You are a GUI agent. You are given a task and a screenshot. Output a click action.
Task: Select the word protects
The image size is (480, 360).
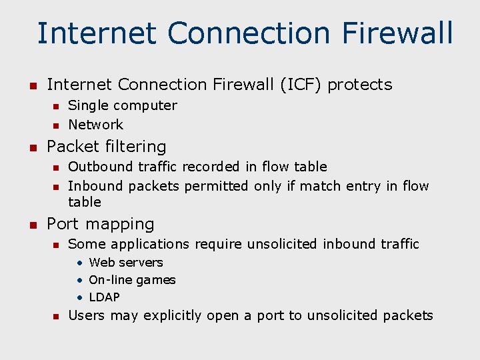(x=360, y=85)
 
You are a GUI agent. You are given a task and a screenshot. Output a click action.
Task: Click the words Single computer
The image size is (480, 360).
(x=123, y=105)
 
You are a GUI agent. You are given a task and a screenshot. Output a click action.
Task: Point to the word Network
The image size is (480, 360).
(x=96, y=125)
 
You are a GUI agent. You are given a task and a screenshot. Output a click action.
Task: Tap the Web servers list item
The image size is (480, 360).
(x=125, y=263)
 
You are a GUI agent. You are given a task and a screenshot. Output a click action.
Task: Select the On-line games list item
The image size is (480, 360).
(x=132, y=280)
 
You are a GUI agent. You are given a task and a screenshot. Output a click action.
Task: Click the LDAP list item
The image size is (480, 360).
(x=104, y=297)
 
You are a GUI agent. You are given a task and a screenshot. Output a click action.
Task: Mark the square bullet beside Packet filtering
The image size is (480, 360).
(x=31, y=147)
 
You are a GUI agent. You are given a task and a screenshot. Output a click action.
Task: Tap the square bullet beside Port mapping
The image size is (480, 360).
(x=31, y=225)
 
